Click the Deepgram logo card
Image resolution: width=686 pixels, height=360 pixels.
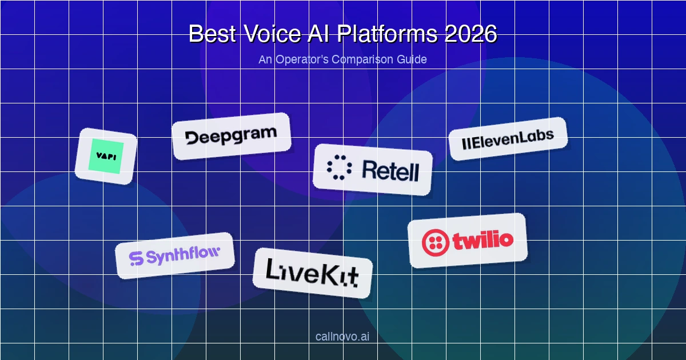232,136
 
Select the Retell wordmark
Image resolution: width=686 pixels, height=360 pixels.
390,171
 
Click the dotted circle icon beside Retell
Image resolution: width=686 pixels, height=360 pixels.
340,166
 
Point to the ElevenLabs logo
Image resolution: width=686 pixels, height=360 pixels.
508,138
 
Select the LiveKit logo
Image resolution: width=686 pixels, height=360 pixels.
312,273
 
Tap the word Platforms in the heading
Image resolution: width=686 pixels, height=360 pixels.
386,34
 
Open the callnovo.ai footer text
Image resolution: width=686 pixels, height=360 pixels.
342,336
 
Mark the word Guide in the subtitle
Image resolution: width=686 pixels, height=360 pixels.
412,59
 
